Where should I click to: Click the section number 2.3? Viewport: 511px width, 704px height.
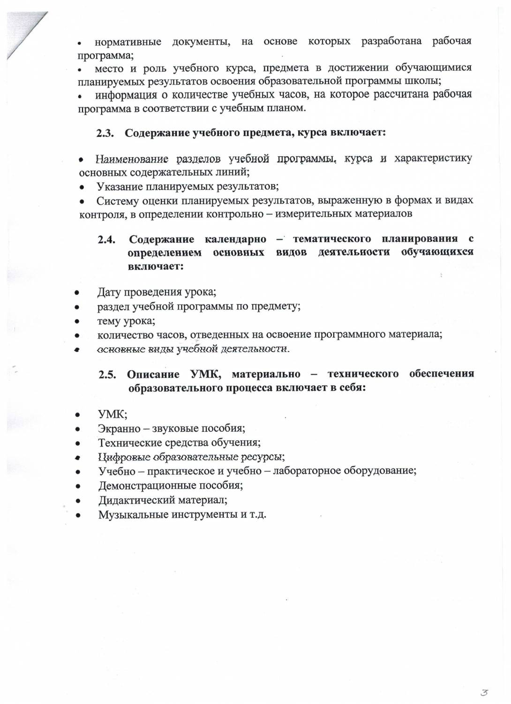tap(105, 133)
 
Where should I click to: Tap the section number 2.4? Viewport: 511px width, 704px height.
tap(106, 239)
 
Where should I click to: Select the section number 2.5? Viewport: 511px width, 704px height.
tap(107, 375)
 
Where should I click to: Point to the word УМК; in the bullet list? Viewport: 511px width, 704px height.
tap(113, 414)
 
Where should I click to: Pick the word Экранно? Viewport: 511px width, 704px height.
tap(119, 429)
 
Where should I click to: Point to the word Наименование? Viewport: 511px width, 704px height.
tap(132, 159)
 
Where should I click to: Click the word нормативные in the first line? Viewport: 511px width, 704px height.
tap(128, 42)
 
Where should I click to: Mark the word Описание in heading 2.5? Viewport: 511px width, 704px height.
tap(153, 375)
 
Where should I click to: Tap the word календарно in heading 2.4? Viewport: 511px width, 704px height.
tap(235, 239)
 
